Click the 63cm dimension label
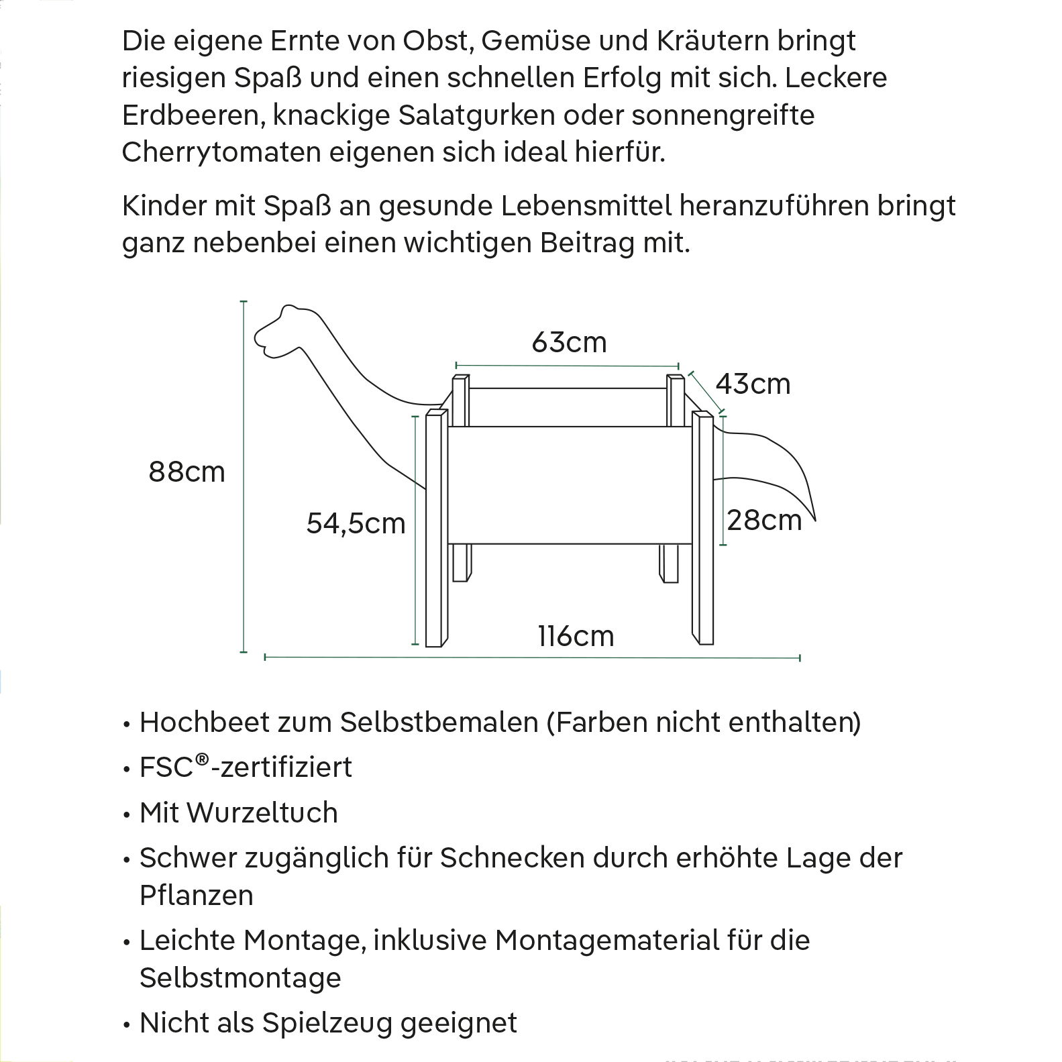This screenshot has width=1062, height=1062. click(x=569, y=343)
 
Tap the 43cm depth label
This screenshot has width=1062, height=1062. click(x=753, y=384)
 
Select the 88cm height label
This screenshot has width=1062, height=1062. click(x=187, y=472)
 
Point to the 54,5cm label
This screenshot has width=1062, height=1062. click(x=356, y=523)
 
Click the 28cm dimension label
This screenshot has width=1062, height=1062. click(x=764, y=521)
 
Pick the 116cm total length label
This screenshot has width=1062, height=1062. click(x=576, y=636)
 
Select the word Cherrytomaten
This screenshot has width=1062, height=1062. click(x=221, y=153)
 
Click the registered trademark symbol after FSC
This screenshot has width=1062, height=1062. click(x=203, y=760)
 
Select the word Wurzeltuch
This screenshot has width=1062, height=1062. click(x=262, y=813)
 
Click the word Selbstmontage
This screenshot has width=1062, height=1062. click(x=240, y=977)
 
